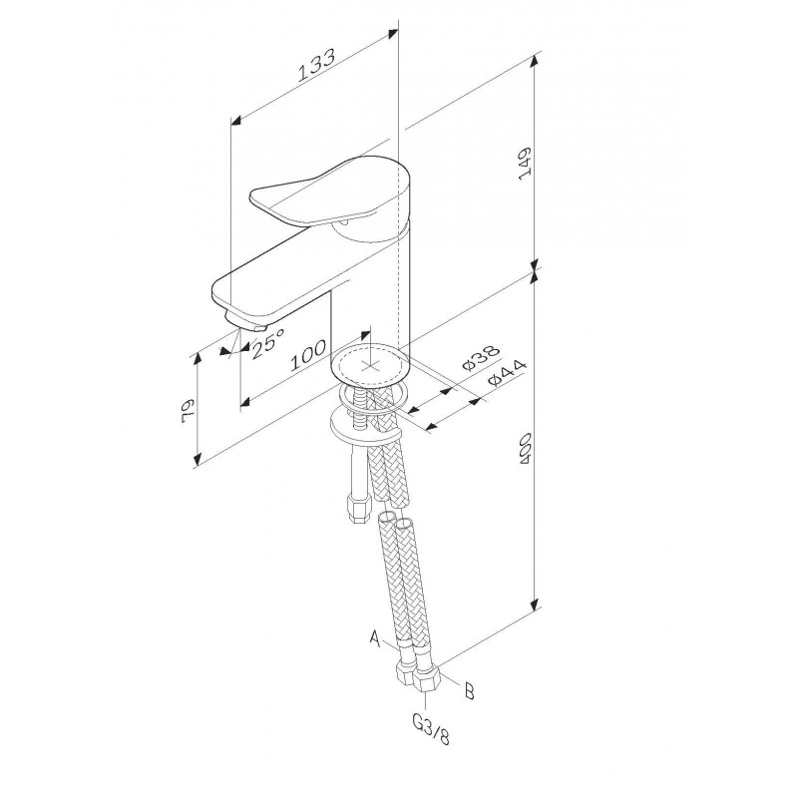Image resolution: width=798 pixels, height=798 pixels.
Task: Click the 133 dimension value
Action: pyautogui.click(x=316, y=65)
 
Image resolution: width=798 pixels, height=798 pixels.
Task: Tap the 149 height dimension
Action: pyautogui.click(x=525, y=163)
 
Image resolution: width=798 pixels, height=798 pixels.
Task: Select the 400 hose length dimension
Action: pyautogui.click(x=525, y=449)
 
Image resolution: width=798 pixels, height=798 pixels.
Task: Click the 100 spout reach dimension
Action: pyautogui.click(x=308, y=355)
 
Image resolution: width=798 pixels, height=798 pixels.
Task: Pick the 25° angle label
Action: pyautogui.click(x=267, y=343)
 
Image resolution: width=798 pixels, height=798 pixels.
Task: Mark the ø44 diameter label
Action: pyautogui.click(x=506, y=373)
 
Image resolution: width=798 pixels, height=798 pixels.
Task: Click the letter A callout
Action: pyautogui.click(x=375, y=638)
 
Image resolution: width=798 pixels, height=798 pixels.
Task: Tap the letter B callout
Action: pyautogui.click(x=469, y=691)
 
